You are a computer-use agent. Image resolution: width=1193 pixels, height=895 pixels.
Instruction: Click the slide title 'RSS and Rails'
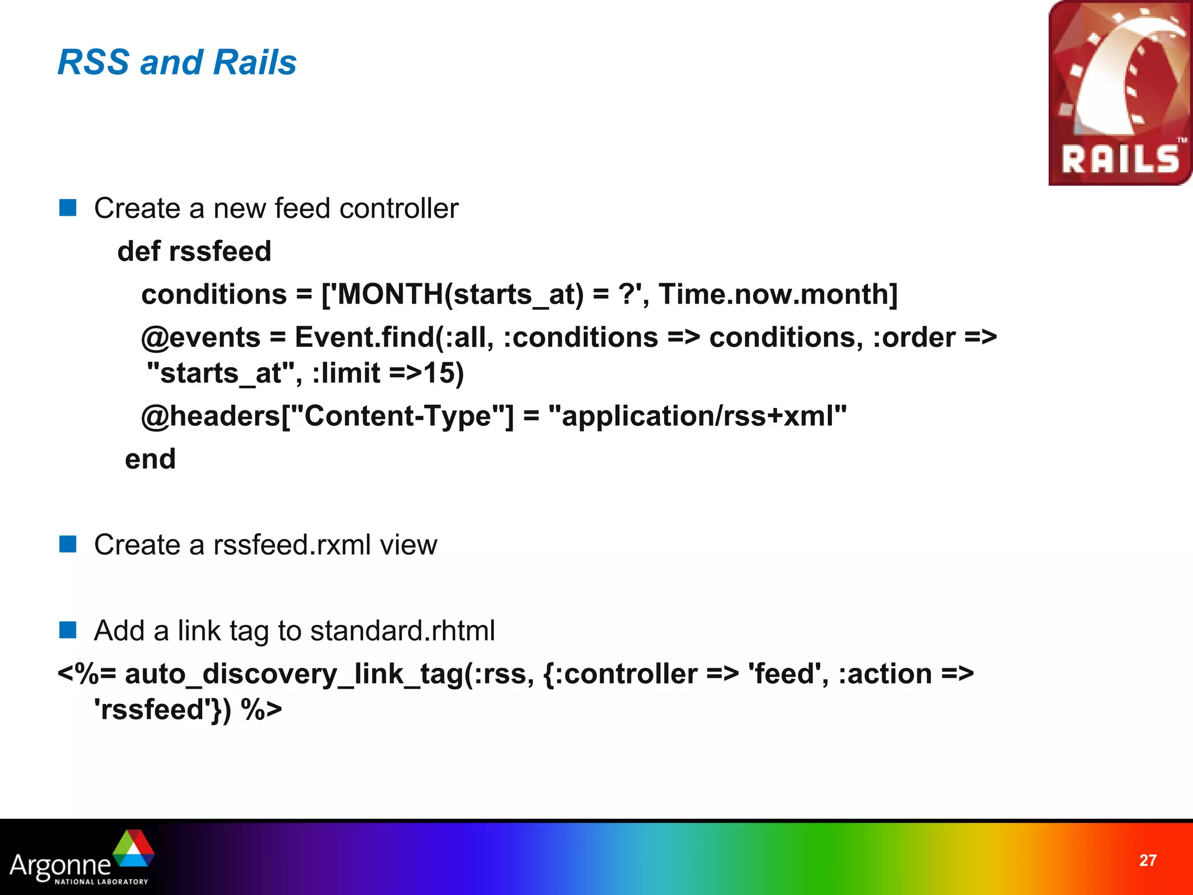177,62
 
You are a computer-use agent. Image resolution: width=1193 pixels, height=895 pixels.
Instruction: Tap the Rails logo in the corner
1120,93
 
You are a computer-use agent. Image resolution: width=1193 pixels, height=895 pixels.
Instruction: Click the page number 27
1148,861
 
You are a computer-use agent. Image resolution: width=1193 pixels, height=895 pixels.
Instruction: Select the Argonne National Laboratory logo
82,858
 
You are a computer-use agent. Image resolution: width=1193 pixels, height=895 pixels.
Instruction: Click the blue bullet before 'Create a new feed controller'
68,208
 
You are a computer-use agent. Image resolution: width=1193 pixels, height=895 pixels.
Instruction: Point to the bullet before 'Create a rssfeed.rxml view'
68,544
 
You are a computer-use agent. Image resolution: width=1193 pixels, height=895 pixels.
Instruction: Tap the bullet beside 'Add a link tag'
68,630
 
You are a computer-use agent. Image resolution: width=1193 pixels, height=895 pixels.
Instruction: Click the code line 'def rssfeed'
194,251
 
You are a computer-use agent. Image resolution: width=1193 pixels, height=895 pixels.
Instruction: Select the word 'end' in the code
150,459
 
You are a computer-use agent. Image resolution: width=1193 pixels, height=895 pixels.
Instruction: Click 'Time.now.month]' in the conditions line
778,294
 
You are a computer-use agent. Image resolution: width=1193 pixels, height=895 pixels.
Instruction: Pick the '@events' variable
200,337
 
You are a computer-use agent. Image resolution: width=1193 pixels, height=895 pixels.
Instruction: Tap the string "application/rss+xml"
697,416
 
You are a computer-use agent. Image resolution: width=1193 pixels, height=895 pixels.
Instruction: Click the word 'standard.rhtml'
403,630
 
